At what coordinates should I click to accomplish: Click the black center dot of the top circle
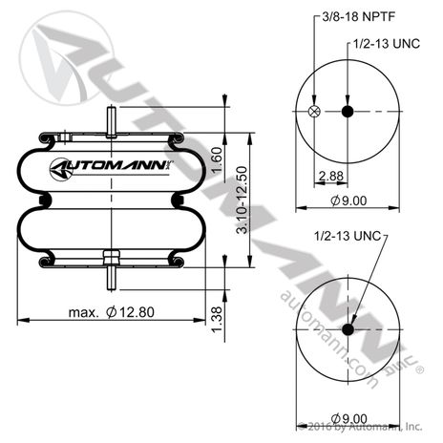point(348,113)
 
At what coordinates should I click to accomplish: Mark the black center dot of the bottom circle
point(348,329)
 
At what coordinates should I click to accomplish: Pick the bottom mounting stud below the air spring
point(111,280)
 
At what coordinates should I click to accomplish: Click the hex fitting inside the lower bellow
point(111,256)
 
